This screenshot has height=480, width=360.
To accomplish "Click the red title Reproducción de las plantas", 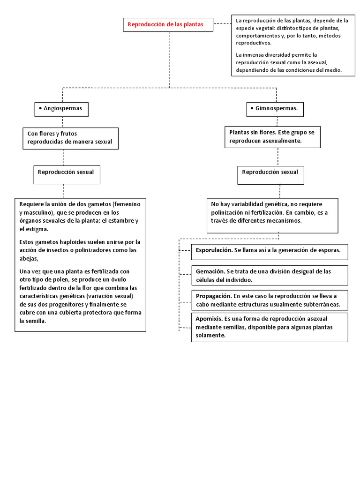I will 165,24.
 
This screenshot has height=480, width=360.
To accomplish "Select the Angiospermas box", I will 61,108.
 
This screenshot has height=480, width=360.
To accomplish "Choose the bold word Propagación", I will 213,296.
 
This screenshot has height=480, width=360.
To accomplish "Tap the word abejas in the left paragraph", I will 29,259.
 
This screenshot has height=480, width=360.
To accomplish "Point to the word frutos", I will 72,133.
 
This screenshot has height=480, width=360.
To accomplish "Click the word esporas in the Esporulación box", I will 330,251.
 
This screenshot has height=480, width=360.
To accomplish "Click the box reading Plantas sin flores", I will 271,136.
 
